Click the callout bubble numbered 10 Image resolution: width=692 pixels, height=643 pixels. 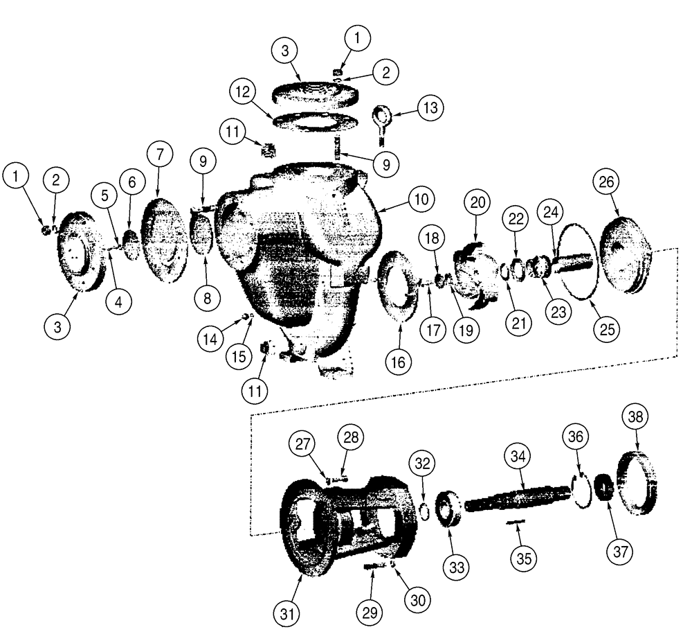pos(421,199)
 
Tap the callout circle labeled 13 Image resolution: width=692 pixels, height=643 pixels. pos(431,108)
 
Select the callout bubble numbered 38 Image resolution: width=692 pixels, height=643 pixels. pos(635,416)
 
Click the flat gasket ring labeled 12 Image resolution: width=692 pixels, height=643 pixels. pos(315,121)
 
